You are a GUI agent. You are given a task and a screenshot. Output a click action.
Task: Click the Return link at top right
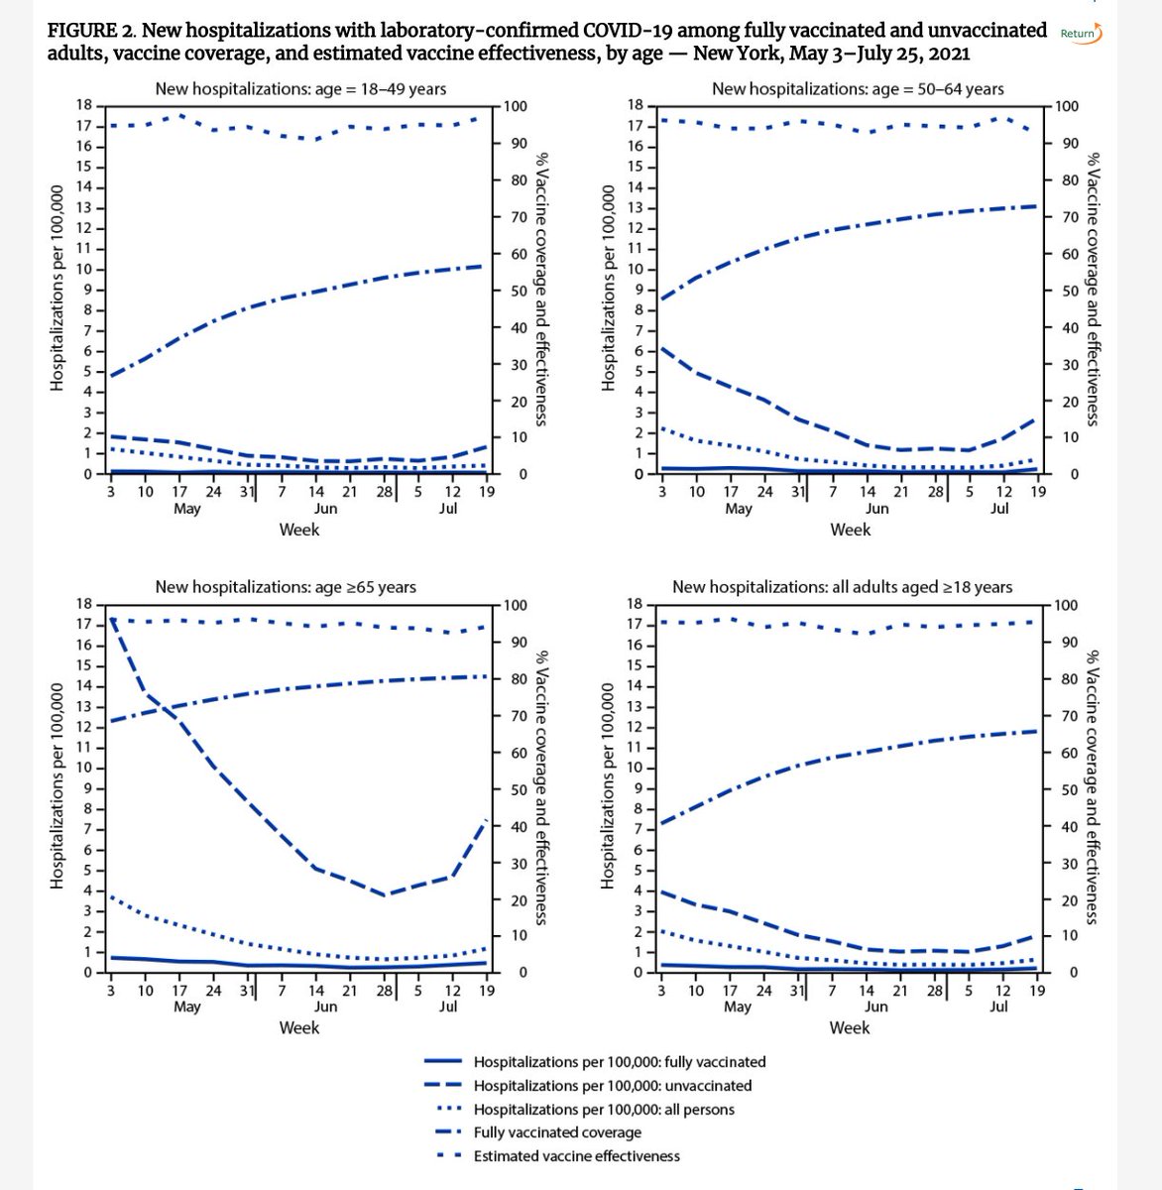click(x=1080, y=33)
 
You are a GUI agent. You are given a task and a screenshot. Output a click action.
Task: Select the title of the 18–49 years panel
click(x=300, y=88)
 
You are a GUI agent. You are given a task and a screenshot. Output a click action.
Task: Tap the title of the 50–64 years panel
click(x=858, y=88)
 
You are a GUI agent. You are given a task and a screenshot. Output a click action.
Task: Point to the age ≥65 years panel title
click(x=286, y=587)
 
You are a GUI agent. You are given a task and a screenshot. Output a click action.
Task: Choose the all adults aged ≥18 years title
click(x=842, y=587)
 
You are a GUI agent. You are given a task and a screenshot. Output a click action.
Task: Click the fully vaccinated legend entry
click(x=619, y=1062)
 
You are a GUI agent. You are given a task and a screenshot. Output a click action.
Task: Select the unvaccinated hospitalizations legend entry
click(x=612, y=1086)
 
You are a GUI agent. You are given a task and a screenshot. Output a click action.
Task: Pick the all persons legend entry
click(x=604, y=1110)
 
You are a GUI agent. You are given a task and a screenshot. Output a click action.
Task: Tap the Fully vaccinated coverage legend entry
click(x=557, y=1132)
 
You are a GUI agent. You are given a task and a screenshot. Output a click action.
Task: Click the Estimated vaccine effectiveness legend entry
click(x=576, y=1156)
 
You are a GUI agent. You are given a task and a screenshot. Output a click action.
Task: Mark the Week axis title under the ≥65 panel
click(x=299, y=1027)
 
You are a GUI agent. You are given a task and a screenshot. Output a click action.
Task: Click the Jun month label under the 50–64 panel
click(x=877, y=509)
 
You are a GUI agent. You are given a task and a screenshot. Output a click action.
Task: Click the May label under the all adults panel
click(x=738, y=1007)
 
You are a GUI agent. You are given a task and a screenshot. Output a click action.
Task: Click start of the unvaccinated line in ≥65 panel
click(x=110, y=620)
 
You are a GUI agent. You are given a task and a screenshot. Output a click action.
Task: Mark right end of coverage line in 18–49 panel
click(x=483, y=266)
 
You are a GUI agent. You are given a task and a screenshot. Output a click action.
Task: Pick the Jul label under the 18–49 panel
click(x=448, y=509)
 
